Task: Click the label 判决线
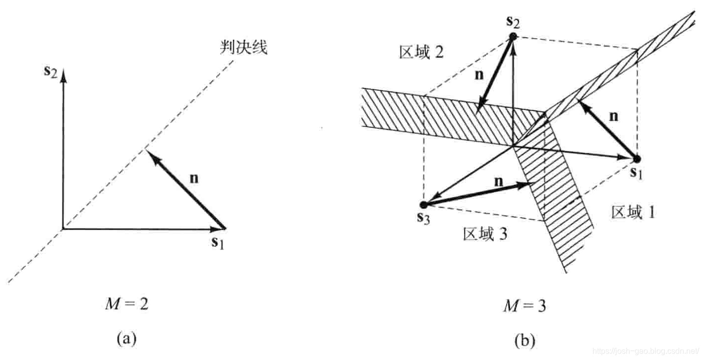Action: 244,48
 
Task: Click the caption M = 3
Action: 525,306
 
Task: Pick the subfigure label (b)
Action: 525,341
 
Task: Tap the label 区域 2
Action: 421,53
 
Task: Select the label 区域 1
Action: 633,212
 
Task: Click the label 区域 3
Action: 484,234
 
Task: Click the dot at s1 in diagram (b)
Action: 637,159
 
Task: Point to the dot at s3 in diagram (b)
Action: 423,204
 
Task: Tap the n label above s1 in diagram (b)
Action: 613,117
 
